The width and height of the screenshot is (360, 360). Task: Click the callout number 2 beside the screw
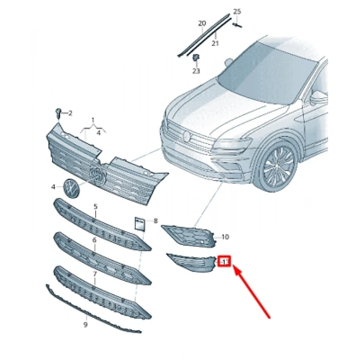(70, 113)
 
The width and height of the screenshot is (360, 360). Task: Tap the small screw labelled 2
(59, 112)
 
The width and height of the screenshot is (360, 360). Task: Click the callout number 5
(95, 206)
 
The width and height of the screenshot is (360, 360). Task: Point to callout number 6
(95, 240)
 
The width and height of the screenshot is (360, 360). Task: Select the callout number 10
(225, 237)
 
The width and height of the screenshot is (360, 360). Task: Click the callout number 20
(202, 24)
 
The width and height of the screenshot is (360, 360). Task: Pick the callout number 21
(215, 44)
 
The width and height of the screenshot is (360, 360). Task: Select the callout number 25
(237, 11)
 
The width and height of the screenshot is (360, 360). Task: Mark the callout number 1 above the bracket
(93, 120)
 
